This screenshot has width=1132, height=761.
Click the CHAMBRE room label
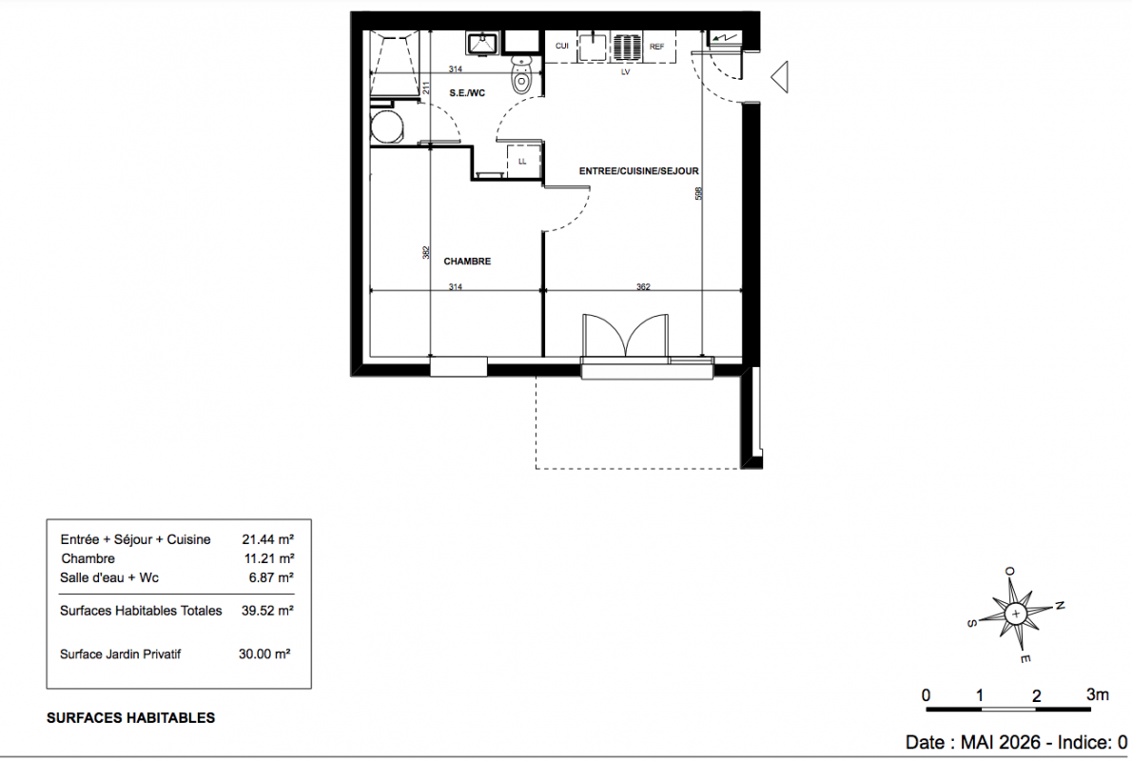coord(467,262)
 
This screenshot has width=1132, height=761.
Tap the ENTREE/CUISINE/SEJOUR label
coord(639,171)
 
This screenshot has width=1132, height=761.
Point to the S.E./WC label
coord(467,93)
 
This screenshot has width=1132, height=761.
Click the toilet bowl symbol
coord(520,76)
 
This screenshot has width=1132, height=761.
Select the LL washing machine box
coord(522,161)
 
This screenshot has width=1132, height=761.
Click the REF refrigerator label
coord(656,47)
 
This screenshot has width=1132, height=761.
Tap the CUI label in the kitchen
coord(561,47)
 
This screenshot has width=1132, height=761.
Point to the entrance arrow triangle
coord(779,76)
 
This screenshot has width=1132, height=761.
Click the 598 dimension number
coord(698,193)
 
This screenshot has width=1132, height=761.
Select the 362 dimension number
coord(643,286)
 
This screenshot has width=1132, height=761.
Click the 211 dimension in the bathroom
coord(426,88)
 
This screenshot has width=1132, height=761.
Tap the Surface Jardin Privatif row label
coord(120,654)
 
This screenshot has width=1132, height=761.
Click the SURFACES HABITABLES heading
coord(130,718)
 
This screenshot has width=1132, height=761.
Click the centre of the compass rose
coord(1016,614)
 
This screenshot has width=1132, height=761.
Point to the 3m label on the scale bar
coord(1098,694)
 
